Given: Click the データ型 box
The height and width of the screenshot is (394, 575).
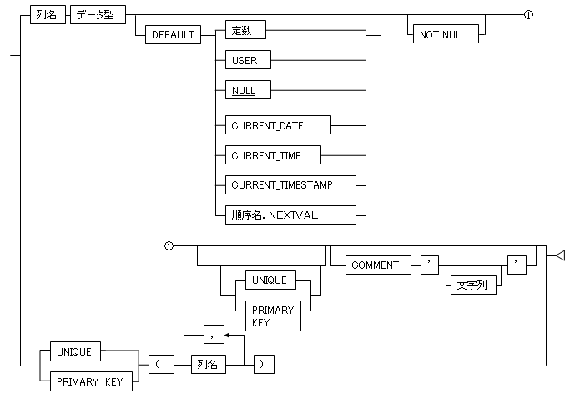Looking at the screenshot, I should (96, 14).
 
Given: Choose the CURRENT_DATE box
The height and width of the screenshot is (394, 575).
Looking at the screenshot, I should (273, 125).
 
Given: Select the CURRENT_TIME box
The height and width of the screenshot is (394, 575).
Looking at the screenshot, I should (267, 155).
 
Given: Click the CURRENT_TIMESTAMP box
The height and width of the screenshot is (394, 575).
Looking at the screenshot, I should (285, 184).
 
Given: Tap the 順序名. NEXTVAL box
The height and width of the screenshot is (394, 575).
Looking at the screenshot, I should (285, 214).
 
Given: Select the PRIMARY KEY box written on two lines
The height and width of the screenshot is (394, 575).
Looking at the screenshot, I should (272, 316).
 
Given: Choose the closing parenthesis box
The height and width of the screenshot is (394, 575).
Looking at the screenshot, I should (262, 365).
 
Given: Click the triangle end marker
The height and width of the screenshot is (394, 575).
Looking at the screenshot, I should (560, 255).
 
